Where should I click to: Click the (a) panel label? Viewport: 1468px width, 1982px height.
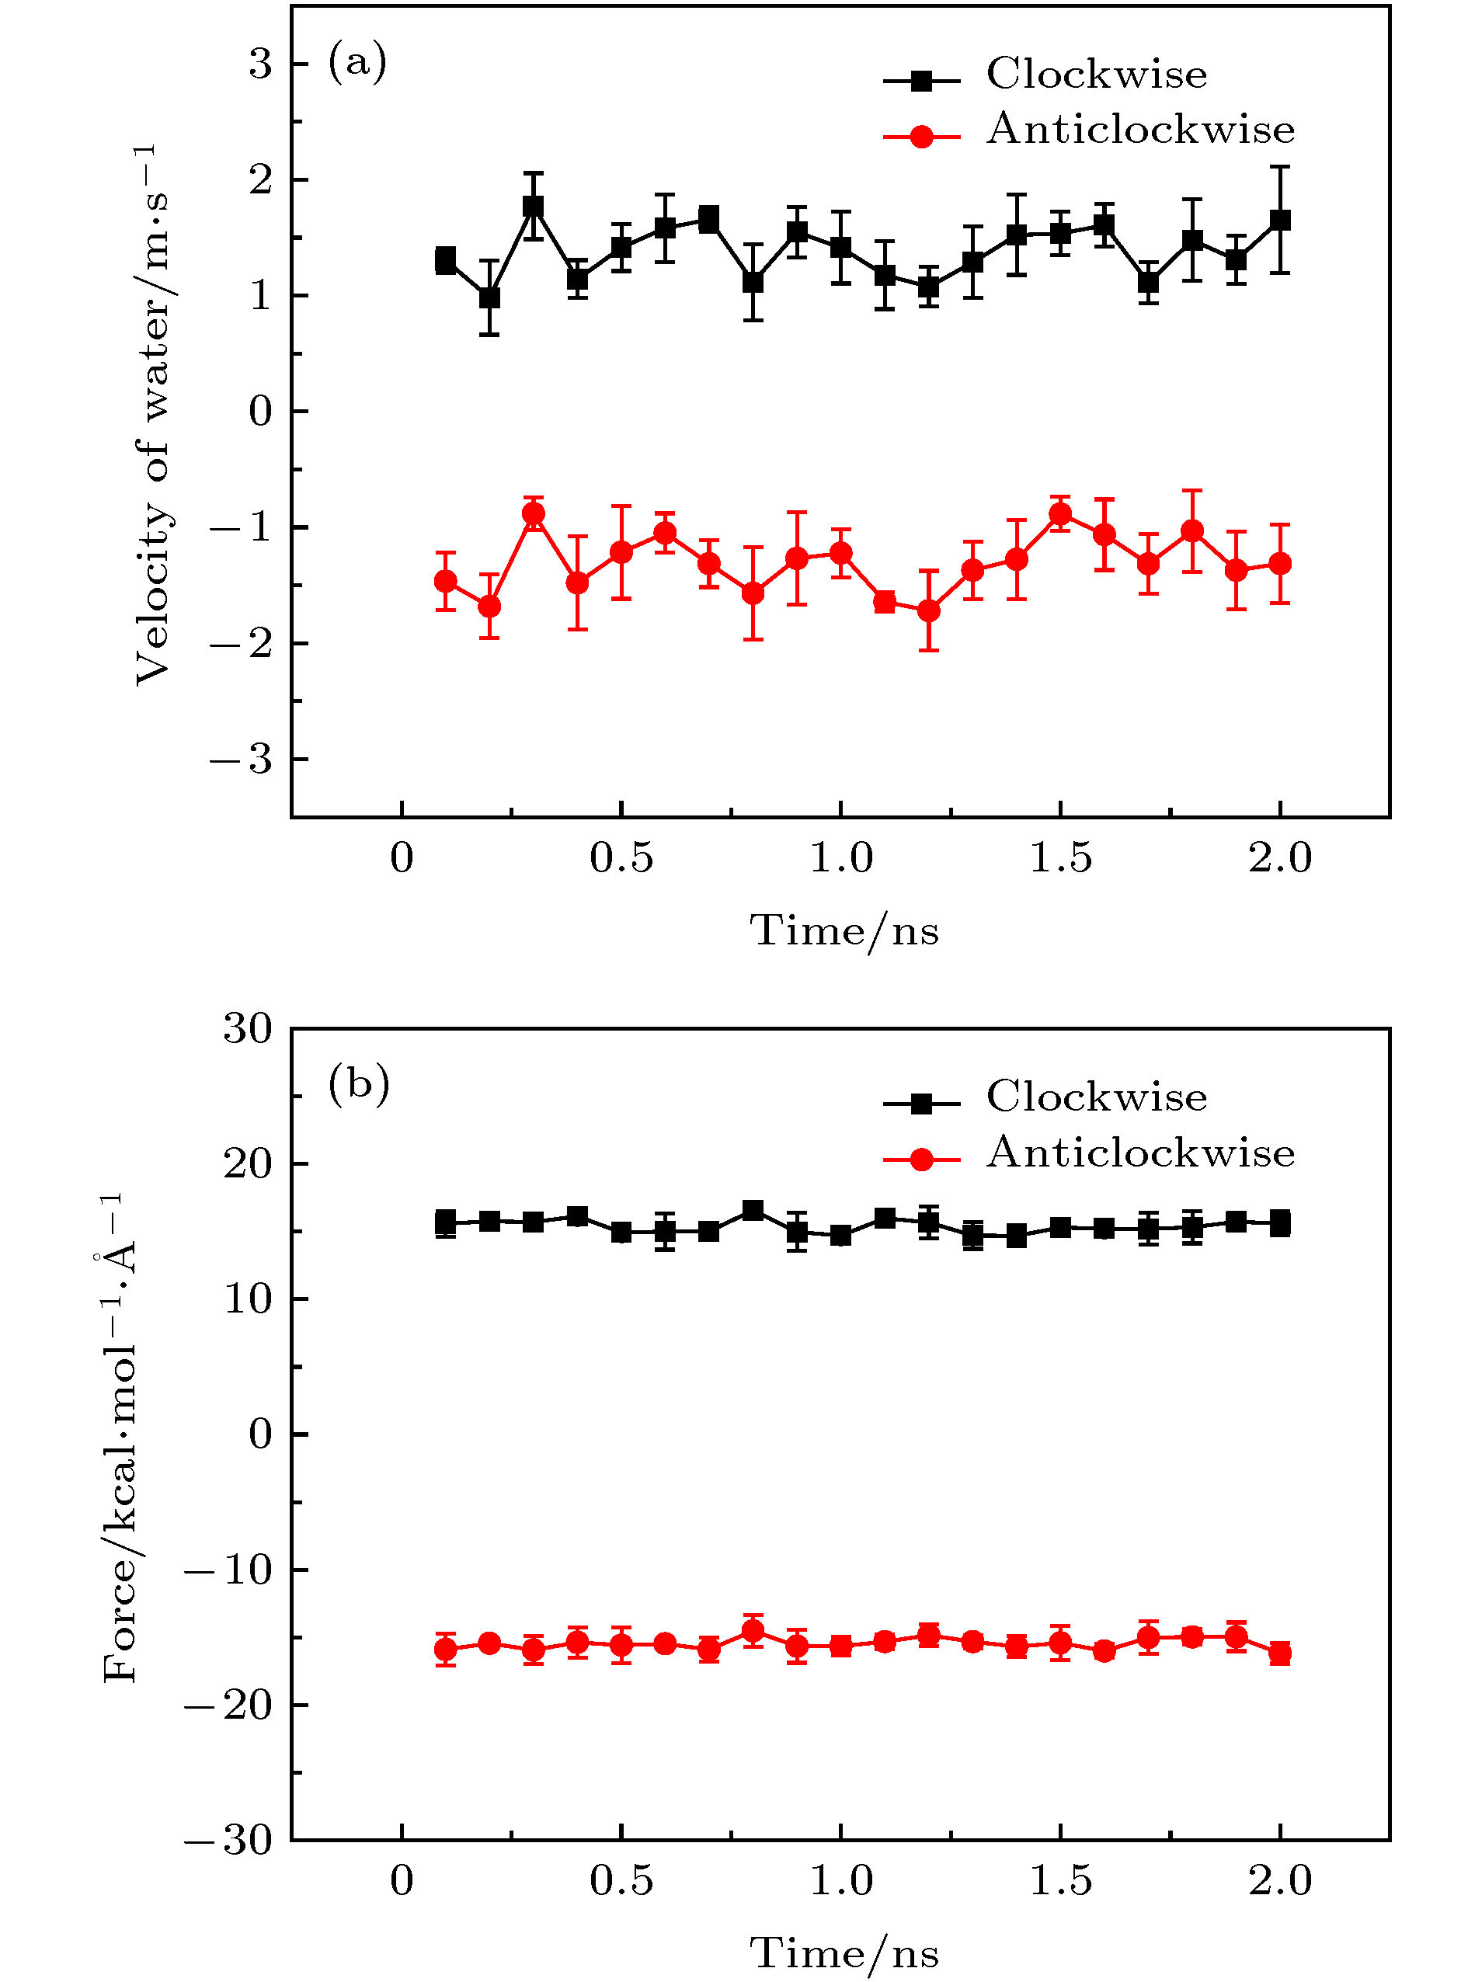point(357,63)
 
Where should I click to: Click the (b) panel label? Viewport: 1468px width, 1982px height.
point(358,1085)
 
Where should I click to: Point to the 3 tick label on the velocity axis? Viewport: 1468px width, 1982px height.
point(260,64)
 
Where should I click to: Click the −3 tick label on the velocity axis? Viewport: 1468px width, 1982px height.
point(242,760)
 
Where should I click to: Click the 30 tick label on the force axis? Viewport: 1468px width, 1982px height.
point(247,1030)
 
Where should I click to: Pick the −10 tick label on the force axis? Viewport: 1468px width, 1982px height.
point(228,1570)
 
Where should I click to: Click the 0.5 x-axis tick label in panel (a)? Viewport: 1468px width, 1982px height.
point(621,859)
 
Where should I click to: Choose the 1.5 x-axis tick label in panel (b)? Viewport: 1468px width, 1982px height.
point(1060,1881)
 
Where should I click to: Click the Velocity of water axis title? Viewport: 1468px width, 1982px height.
point(151,414)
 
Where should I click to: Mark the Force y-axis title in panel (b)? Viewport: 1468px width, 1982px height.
point(120,1439)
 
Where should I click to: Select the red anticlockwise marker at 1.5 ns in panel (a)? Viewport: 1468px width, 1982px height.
point(1060,513)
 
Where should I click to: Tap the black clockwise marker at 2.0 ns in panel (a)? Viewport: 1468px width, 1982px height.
point(1279,221)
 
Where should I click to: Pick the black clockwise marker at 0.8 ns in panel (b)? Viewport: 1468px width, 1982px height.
point(753,1210)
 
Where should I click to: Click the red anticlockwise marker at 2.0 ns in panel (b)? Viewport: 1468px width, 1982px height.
point(1279,1653)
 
